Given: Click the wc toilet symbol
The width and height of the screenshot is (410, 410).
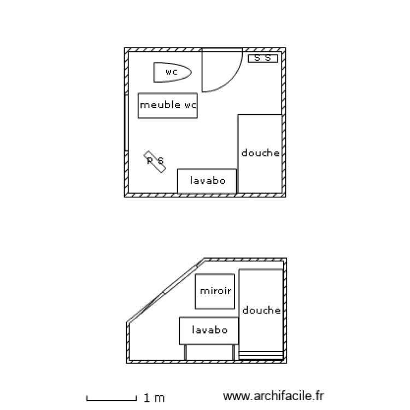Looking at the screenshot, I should click(x=172, y=72).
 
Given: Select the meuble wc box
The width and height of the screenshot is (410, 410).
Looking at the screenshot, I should click(x=167, y=106).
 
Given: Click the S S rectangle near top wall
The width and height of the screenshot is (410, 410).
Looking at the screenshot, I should click(x=263, y=58).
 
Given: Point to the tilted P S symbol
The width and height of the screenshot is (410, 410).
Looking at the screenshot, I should click(x=155, y=161).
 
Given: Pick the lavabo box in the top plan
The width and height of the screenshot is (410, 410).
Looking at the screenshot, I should click(x=207, y=181).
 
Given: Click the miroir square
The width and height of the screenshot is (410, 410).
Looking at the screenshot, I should click(x=215, y=291).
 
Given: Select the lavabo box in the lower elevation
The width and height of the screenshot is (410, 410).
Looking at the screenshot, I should click(x=209, y=330).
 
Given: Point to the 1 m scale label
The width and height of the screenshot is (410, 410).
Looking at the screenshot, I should click(x=154, y=399).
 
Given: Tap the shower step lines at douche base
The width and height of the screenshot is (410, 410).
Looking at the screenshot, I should click(x=261, y=354).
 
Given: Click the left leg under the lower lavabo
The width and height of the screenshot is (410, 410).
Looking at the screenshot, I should click(x=185, y=352).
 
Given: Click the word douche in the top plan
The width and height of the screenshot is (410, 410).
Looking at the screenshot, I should click(x=260, y=153).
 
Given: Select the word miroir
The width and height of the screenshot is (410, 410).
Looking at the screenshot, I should click(x=215, y=291).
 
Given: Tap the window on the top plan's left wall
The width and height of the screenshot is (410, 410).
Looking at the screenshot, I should click(x=126, y=123).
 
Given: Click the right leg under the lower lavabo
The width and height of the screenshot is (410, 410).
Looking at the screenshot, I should click(x=233, y=352).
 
